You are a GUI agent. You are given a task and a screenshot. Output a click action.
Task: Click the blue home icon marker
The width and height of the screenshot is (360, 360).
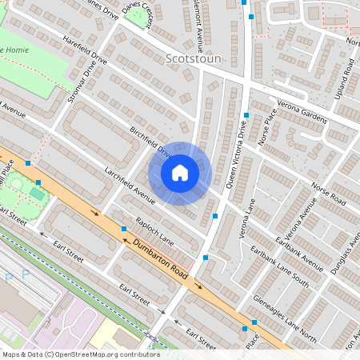[x=180, y=173]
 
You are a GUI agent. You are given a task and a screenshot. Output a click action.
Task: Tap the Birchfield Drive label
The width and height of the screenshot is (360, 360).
[x=150, y=142]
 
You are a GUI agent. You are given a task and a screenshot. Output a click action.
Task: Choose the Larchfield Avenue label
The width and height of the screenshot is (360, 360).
[x=129, y=183]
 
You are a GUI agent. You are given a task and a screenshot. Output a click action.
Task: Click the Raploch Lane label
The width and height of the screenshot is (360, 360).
[x=154, y=228]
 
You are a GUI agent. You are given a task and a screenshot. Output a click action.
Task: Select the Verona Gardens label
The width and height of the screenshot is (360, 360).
[x=302, y=112]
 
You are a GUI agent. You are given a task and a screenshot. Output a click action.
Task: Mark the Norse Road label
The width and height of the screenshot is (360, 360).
[x=326, y=194]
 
